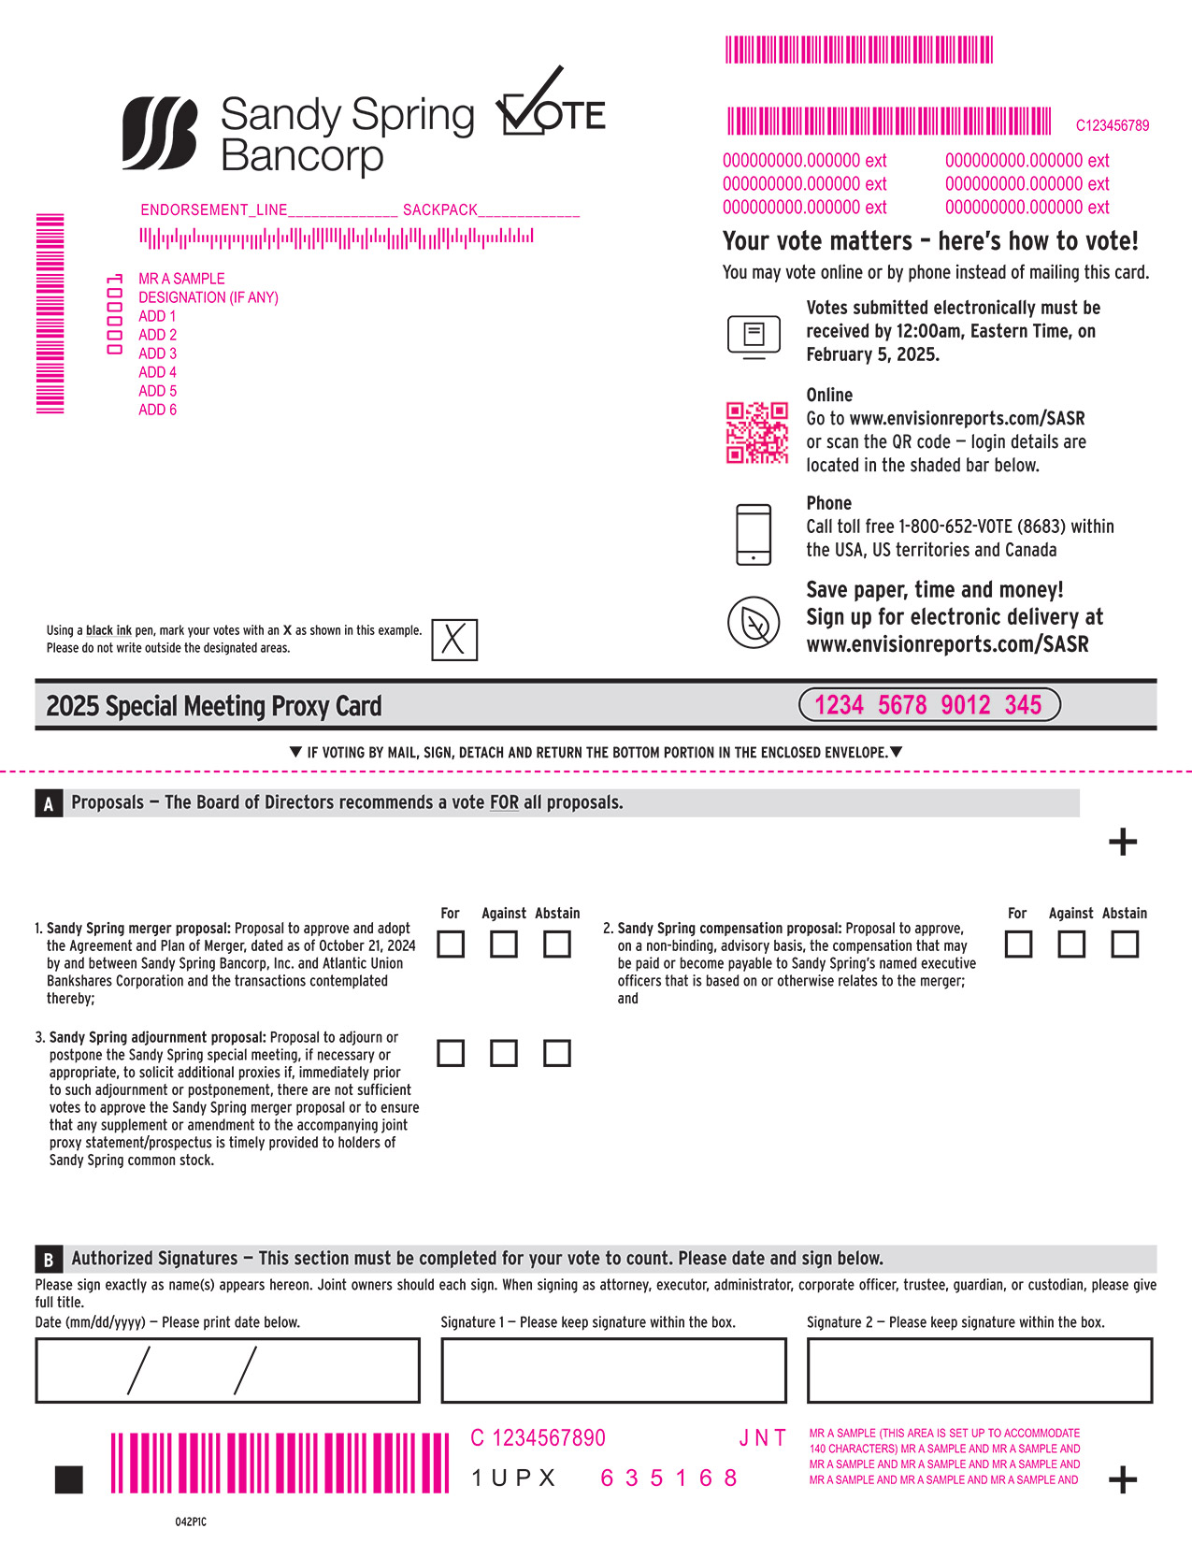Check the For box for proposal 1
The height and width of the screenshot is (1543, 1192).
coord(451,945)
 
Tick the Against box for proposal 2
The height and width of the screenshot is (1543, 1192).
coord(1071,945)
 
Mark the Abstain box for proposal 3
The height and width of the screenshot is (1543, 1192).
coord(557,1053)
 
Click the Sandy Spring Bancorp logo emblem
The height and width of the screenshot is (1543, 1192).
coord(160,134)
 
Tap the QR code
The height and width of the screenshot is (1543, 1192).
coord(757,432)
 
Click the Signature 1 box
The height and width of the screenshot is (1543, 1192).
coord(613,1370)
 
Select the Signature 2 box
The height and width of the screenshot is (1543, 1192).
coord(979,1370)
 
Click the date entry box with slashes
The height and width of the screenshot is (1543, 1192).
coord(227,1370)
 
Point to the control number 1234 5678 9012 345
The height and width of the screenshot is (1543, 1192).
coord(929,705)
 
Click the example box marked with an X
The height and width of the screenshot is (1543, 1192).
coord(454,640)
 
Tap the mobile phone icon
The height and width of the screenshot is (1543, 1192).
coord(754,534)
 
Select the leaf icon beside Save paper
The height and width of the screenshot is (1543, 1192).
coord(754,622)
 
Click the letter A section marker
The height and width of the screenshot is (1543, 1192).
coord(49,803)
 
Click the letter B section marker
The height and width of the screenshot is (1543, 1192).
coord(49,1259)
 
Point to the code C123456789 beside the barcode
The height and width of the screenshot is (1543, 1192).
coord(1112,125)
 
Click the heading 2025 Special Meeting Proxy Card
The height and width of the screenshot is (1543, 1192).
coord(214,706)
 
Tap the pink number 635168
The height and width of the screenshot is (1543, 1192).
coord(668,1478)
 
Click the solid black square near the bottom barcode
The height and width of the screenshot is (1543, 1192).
coord(69,1479)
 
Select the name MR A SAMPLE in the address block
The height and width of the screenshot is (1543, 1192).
coord(181,279)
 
